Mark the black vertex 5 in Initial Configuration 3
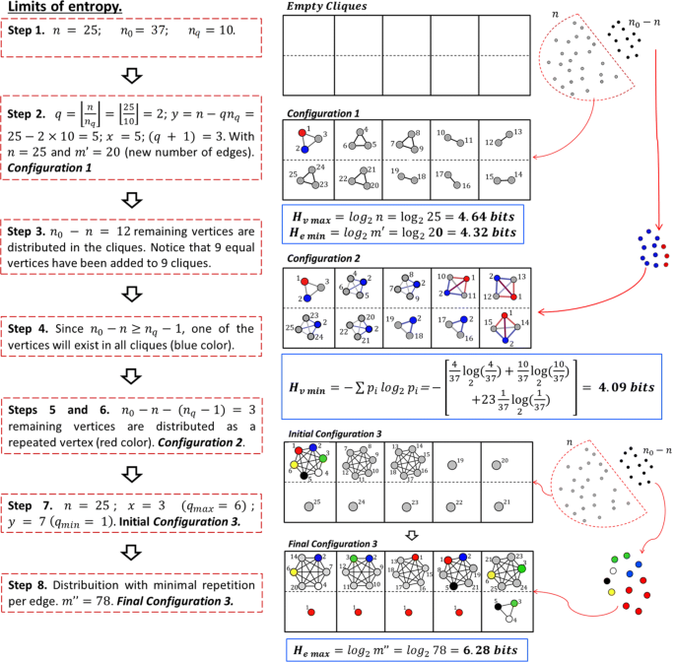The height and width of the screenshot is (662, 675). coord(304,477)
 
